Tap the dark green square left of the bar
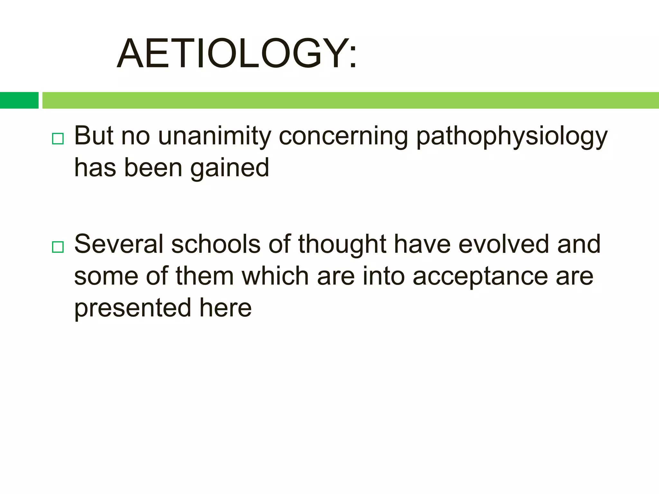(x=19, y=100)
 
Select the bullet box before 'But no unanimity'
(x=58, y=139)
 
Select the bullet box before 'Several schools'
(x=58, y=247)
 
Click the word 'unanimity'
(x=215, y=136)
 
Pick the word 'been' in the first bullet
(x=153, y=168)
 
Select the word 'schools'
(x=216, y=244)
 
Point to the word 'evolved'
(x=503, y=244)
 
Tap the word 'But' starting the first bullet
(x=94, y=136)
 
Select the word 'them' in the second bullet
(x=205, y=276)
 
